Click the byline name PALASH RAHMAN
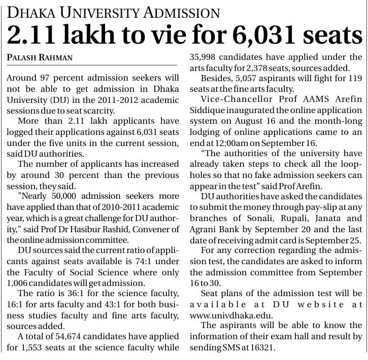40,58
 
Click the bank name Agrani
202,230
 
